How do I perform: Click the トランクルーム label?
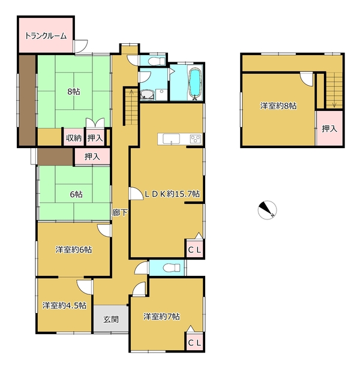46,36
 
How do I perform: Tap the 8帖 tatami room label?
74,92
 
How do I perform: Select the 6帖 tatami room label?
76,194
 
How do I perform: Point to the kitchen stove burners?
196,139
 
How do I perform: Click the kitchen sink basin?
171,139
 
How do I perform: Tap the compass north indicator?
267,210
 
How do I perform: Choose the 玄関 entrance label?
111,319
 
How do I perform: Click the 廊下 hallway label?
120,213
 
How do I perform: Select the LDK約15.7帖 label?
172,194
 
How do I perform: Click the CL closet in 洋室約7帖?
194,342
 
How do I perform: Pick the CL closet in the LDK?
194,249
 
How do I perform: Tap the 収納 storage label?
74,138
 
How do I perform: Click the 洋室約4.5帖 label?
64,306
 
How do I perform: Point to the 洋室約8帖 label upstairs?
278,106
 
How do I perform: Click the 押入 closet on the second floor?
329,128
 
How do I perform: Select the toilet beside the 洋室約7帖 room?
172,268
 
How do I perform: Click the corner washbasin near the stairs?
148,95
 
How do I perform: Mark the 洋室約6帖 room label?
74,249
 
